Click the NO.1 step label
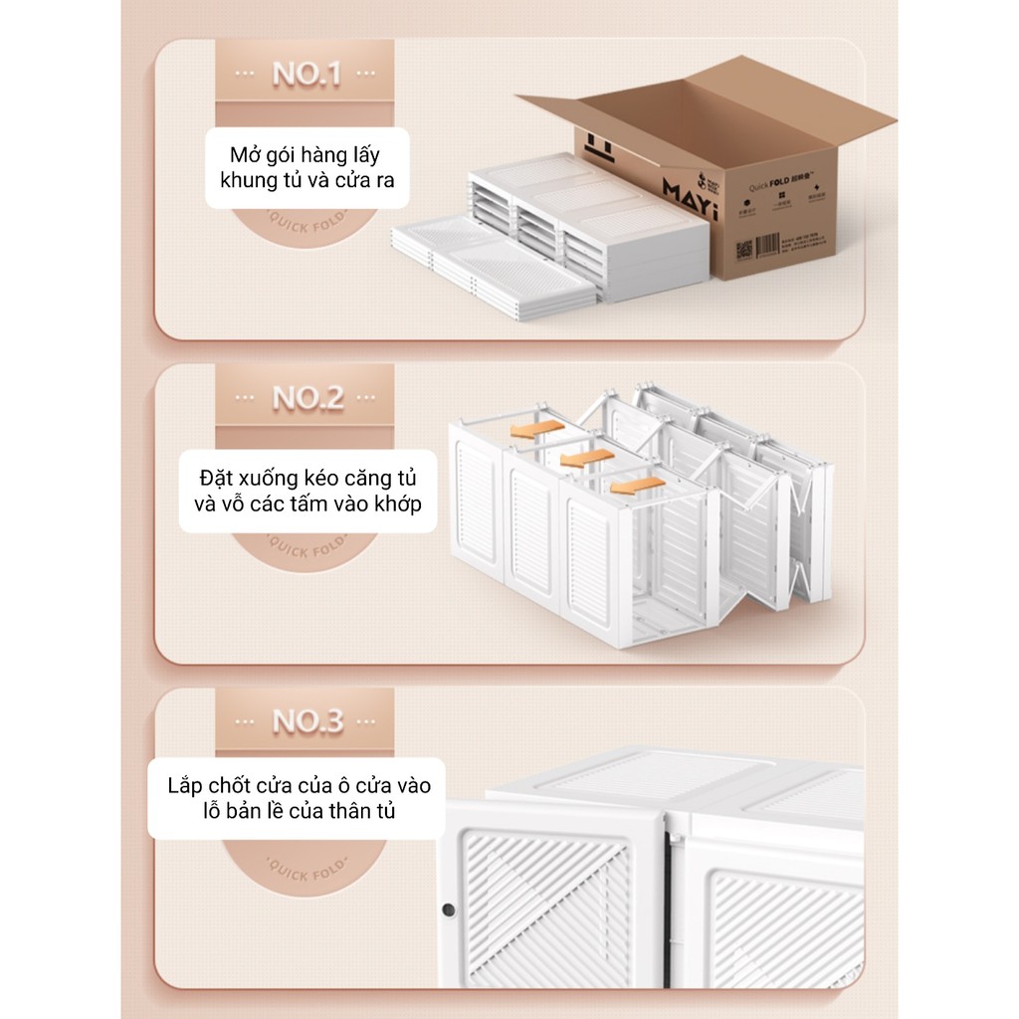tap(306, 75)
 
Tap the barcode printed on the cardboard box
tap(767, 245)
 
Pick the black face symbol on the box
tap(598, 146)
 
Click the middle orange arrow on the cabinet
tap(586, 458)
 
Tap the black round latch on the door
tap(449, 910)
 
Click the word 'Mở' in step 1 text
tap(245, 156)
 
